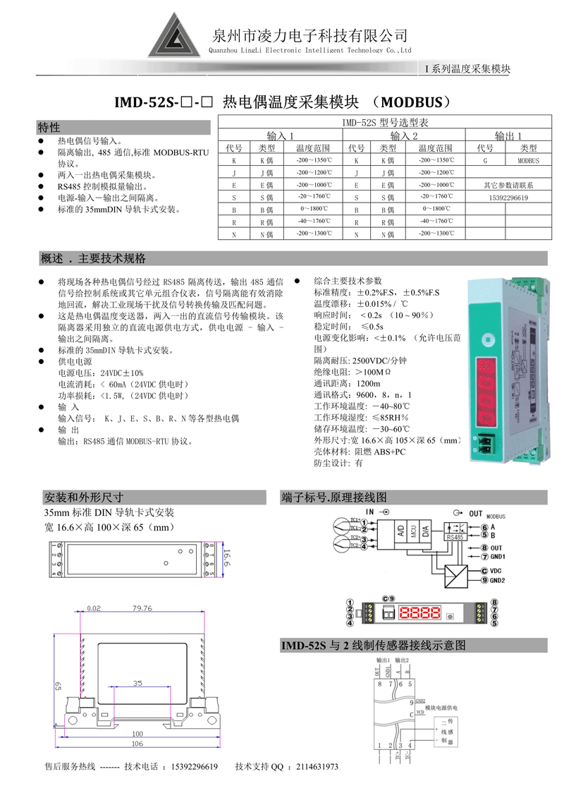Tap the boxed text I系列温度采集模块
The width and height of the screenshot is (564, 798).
coord(467,68)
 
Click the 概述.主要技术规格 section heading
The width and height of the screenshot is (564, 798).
coord(94,257)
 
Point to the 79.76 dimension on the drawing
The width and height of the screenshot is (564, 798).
coord(142,607)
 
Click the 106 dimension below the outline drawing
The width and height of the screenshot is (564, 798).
coord(137,744)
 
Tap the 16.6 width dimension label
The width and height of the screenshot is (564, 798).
coord(227,559)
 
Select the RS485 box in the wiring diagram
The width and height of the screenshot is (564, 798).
coord(455,537)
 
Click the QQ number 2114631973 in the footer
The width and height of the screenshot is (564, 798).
coord(317,767)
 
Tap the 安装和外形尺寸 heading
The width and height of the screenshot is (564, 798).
coord(84,496)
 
